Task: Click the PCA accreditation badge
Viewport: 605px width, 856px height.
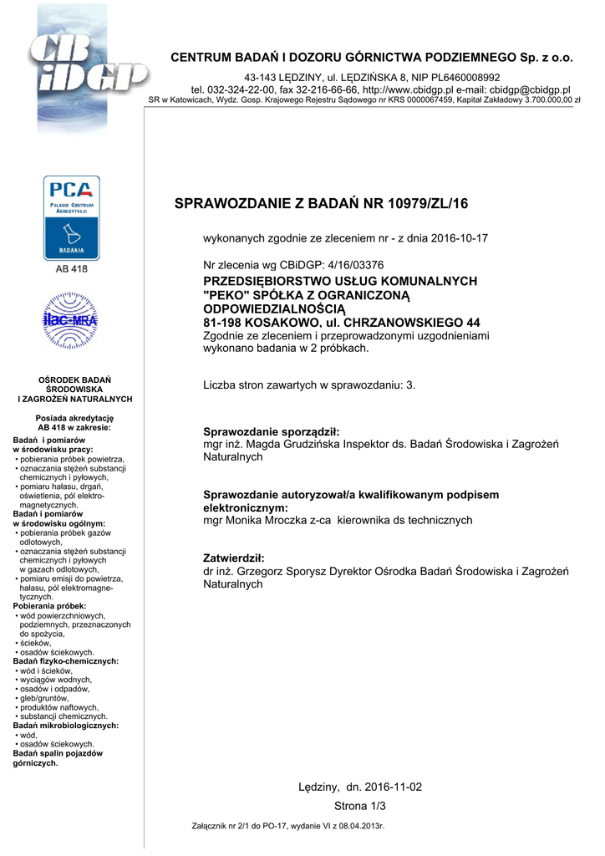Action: (72, 217)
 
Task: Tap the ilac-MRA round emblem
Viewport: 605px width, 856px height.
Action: (71, 319)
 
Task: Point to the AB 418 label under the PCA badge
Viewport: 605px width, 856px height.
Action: (71, 269)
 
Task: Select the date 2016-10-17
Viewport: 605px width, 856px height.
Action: (459, 238)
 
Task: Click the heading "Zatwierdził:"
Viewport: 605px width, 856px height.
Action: (234, 558)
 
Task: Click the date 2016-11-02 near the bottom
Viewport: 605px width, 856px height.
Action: (393, 787)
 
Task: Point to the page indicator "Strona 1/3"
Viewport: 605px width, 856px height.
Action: (360, 806)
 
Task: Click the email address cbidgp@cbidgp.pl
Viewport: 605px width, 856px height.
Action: (529, 89)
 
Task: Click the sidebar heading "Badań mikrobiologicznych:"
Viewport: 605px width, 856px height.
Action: (66, 726)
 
